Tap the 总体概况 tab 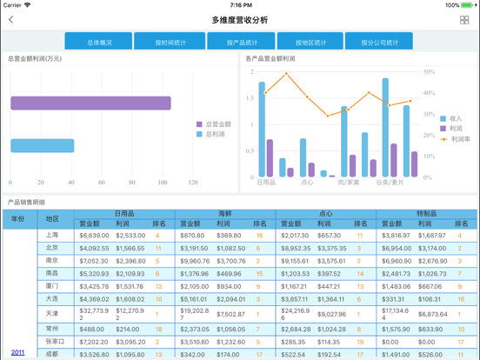point(98,42)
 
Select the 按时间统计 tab point(170,42)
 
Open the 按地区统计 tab point(310,42)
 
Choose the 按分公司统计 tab point(379,42)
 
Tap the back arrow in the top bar point(11,20)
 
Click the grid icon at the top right point(464,20)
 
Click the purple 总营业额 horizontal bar point(90,103)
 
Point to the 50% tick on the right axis point(429,71)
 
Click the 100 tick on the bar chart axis point(163,183)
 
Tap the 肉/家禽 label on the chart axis point(349,183)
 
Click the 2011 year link point(17,352)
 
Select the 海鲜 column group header point(225,213)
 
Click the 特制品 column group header point(426,213)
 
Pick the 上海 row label point(52,235)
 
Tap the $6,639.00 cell point(94,235)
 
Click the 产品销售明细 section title point(26,202)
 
